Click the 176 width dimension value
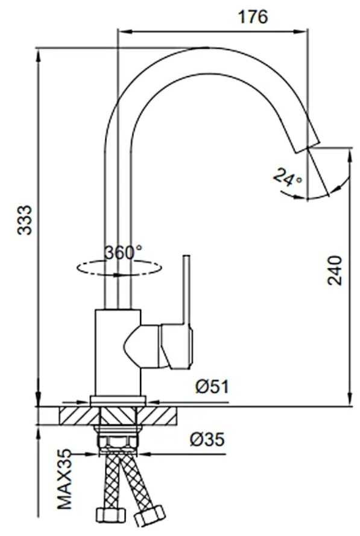[x=253, y=16]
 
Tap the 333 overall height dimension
[x=25, y=220]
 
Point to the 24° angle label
[x=287, y=177]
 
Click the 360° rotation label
[x=123, y=253]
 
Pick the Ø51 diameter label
[x=212, y=386]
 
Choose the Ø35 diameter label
[x=207, y=440]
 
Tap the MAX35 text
[x=65, y=479]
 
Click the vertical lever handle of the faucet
[x=186, y=291]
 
